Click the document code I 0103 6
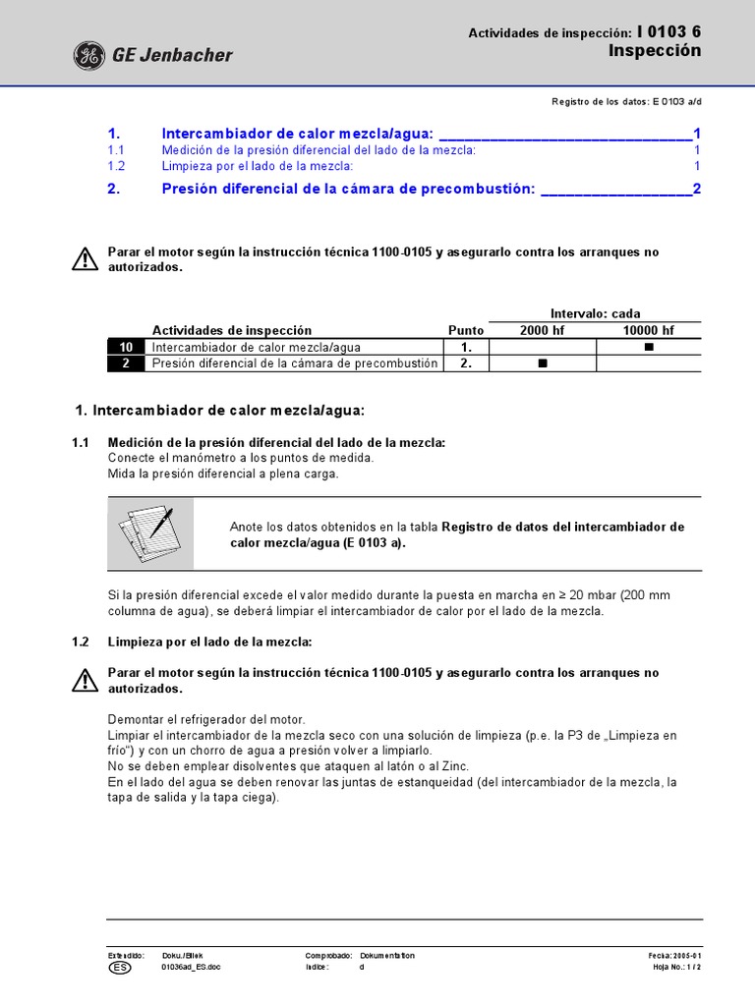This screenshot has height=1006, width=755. (669, 32)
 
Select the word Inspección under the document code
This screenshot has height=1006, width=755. (655, 51)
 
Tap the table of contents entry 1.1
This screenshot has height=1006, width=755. (319, 150)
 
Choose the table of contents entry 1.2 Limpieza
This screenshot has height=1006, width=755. (258, 166)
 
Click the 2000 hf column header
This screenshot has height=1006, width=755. (542, 330)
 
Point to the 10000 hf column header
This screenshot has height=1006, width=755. (648, 330)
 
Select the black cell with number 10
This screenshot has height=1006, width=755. (126, 347)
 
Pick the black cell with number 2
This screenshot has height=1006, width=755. (126, 363)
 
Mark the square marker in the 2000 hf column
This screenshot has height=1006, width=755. (542, 363)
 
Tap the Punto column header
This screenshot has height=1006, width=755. (466, 330)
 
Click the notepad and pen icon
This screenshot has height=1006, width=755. (150, 533)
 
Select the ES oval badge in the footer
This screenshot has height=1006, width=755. (118, 968)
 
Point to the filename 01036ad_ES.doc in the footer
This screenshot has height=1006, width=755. (190, 968)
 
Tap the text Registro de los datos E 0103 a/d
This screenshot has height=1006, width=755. (626, 102)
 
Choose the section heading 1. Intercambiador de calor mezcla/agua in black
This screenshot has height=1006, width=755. (220, 410)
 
